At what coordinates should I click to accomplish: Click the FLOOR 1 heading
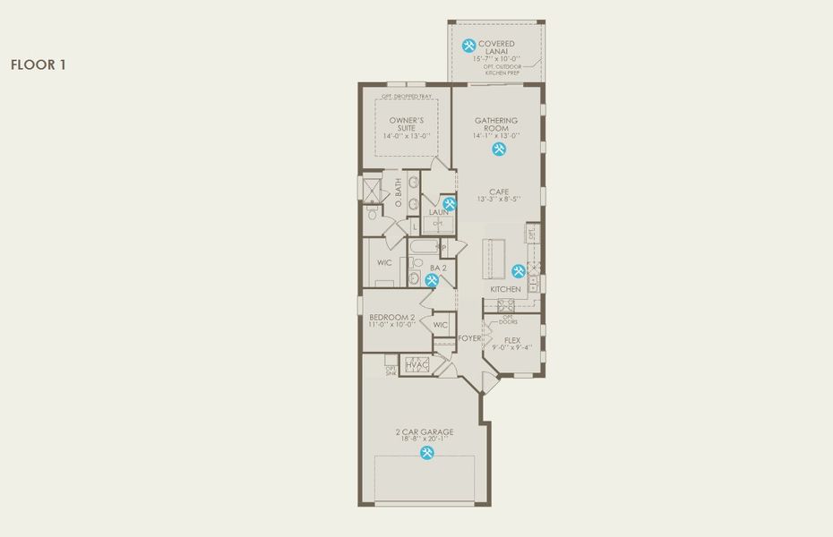click(x=38, y=64)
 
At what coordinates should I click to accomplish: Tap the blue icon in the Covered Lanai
click(x=468, y=46)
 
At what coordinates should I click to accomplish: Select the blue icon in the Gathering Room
click(x=498, y=149)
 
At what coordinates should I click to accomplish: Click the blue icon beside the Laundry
click(x=450, y=203)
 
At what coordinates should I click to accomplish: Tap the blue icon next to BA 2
click(x=432, y=280)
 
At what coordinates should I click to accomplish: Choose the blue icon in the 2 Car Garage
click(x=426, y=453)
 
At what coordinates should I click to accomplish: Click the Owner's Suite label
click(x=406, y=124)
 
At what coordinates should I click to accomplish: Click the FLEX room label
click(x=512, y=340)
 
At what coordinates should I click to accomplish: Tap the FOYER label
click(x=470, y=338)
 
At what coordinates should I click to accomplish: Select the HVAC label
click(x=416, y=365)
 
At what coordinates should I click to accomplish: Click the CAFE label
click(x=499, y=192)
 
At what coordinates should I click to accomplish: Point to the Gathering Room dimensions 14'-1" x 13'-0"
click(x=497, y=136)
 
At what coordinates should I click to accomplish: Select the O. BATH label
click(x=398, y=191)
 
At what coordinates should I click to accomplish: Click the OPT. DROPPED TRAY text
click(x=406, y=96)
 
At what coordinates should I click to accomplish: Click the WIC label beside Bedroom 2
click(x=440, y=325)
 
